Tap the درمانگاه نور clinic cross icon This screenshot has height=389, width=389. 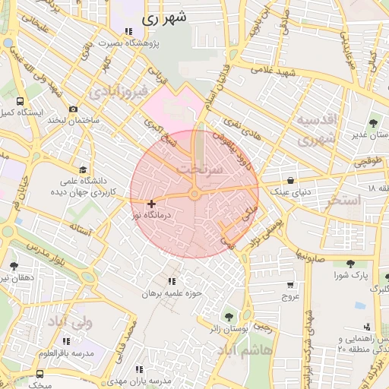[x=152, y=204]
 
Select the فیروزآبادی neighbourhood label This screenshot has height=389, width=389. [x=116, y=93]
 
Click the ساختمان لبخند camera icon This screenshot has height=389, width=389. [x=73, y=109]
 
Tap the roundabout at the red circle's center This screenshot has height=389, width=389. [x=195, y=194]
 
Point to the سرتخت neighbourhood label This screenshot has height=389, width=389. [x=199, y=169]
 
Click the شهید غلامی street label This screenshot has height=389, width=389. [x=274, y=70]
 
